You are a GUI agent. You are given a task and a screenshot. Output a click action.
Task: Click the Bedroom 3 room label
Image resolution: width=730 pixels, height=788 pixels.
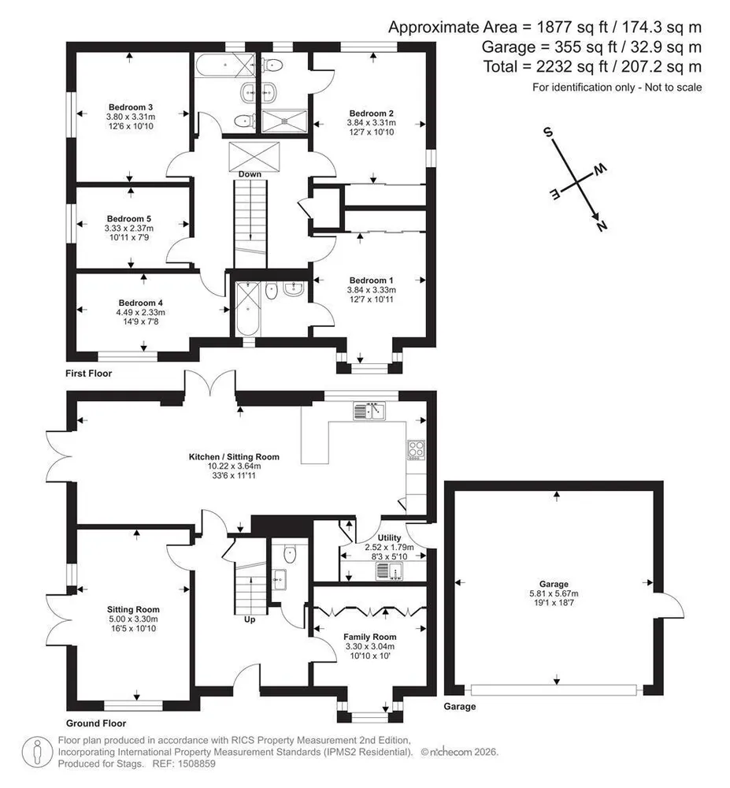(131, 107)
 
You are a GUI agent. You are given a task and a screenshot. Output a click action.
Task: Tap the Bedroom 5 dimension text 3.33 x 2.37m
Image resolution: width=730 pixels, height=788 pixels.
(129, 229)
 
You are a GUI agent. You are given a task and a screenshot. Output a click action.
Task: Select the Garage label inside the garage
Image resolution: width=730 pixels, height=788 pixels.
(554, 584)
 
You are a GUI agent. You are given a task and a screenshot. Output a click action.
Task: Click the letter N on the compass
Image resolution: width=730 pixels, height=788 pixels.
(602, 225)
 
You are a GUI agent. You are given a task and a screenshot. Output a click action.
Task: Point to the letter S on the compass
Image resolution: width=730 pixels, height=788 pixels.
(548, 132)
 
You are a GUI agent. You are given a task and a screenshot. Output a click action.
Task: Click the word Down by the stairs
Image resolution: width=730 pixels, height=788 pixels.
(250, 174)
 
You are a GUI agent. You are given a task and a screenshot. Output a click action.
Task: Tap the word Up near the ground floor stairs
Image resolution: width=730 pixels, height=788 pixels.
(250, 619)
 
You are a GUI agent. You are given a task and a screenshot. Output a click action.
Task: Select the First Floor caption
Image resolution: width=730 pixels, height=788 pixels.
(89, 374)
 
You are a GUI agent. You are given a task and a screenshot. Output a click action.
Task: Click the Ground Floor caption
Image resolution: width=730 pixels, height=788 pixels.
(96, 723)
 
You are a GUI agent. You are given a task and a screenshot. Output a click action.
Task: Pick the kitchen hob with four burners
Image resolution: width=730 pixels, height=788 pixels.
(416, 450)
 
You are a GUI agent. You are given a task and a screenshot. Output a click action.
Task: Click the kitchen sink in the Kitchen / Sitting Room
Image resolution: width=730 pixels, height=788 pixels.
(369, 411)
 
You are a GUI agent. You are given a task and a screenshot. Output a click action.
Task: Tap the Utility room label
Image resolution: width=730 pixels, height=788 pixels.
(389, 537)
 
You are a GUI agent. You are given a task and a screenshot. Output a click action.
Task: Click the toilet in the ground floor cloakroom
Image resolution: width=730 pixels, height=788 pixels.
(291, 554)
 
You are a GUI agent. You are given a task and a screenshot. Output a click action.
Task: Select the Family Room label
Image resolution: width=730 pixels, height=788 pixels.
(370, 637)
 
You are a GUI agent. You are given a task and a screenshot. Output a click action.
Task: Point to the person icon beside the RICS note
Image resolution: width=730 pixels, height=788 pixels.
(37, 753)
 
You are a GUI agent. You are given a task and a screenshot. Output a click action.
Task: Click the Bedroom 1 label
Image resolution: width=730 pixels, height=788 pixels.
(372, 281)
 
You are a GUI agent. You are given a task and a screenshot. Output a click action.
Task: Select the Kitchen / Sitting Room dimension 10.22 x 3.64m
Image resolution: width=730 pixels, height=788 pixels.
(235, 466)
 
